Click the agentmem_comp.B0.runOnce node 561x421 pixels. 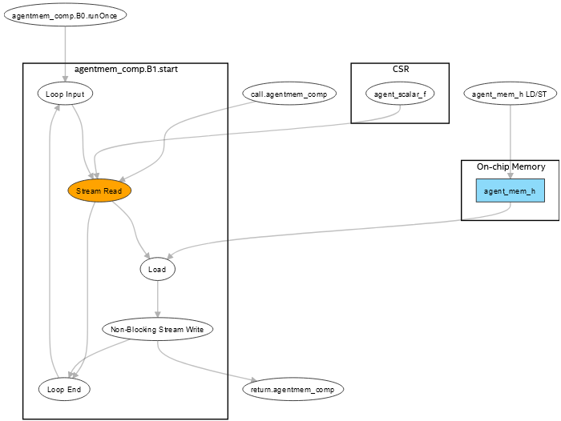65,16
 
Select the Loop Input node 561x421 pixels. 65,94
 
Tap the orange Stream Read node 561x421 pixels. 99,191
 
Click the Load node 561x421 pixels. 157,270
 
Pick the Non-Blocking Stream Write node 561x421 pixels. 157,329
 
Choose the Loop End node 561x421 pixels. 65,389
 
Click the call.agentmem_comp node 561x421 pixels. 289,94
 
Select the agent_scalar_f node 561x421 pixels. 400,94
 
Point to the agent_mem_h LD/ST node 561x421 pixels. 510,94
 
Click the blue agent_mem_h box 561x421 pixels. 510,191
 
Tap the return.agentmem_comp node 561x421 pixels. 293,389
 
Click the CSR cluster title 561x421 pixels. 400,69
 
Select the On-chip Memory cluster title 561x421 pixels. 511,166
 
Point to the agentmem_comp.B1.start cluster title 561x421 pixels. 126,69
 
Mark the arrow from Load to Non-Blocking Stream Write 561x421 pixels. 157,299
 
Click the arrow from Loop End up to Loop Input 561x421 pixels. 50,240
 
